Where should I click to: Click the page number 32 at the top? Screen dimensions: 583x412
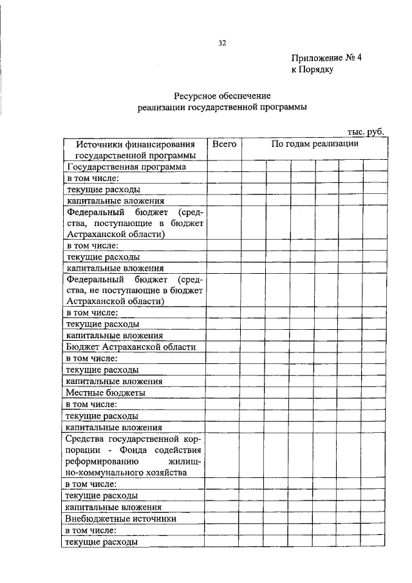[222, 43]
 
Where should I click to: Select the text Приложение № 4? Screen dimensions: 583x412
[326, 57]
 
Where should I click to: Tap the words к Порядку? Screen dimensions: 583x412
[312, 70]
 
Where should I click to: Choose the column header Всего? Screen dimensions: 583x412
[224, 144]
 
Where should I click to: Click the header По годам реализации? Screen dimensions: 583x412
[315, 144]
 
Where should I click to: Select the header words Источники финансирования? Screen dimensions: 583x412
[135, 144]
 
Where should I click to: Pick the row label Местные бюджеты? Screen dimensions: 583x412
[106, 392]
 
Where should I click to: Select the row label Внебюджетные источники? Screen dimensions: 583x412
[121, 518]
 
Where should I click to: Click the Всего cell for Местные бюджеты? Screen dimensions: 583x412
[224, 392]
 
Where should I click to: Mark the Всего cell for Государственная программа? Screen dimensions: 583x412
[224, 166]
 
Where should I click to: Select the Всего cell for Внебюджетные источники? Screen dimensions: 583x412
[224, 518]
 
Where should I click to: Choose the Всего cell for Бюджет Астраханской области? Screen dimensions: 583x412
[224, 347]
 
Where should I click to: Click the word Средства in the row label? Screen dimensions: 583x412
[88, 439]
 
